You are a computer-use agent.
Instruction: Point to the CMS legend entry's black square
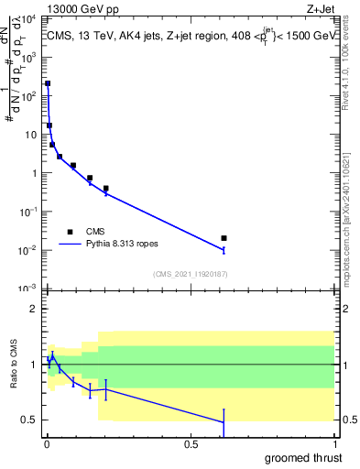point(70,232)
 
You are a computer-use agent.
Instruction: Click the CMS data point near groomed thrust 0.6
point(224,238)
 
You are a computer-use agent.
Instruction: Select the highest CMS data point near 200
point(48,83)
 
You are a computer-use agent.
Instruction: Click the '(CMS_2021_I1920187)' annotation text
point(191,274)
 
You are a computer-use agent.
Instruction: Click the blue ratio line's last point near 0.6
point(224,422)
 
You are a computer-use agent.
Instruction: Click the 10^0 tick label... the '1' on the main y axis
point(34,173)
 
